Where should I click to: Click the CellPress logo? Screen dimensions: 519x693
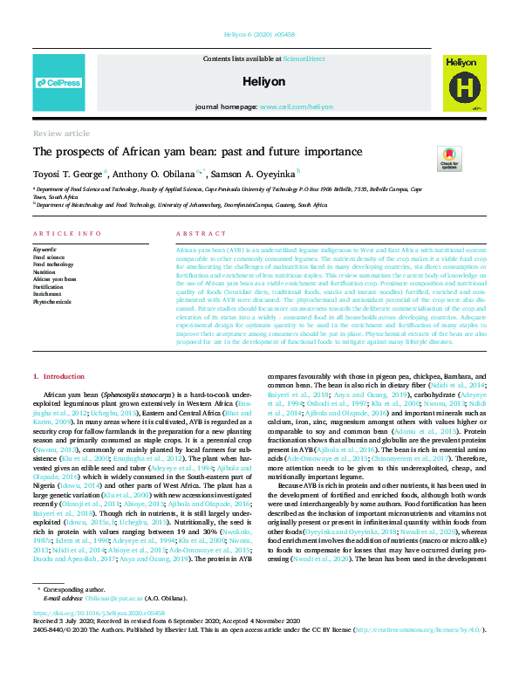[x=58, y=83]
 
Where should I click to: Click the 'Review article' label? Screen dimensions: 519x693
[x=61, y=134]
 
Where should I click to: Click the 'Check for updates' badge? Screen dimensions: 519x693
[x=449, y=160]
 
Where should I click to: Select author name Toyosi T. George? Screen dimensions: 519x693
[x=67, y=174]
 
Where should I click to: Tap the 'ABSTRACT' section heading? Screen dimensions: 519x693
[x=195, y=234]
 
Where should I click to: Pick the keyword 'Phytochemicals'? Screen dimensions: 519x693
[x=51, y=301]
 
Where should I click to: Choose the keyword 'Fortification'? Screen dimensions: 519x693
[x=49, y=286]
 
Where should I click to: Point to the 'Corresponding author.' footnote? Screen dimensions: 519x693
[x=72, y=614]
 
